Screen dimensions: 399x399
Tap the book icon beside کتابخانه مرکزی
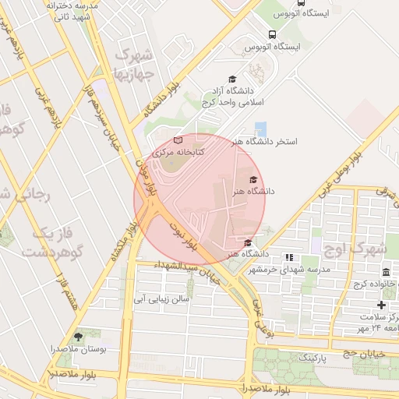coord(178,140)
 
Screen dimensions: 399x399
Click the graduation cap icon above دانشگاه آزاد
coord(231,79)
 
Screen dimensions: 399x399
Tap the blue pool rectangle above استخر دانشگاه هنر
coord(260,128)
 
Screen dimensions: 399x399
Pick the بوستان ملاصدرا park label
coord(78,348)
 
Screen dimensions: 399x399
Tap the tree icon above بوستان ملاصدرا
coord(78,336)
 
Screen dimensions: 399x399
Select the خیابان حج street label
coord(360,352)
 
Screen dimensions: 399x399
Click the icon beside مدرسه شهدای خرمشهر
coord(289,257)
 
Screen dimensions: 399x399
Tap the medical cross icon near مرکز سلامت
coord(381,305)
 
